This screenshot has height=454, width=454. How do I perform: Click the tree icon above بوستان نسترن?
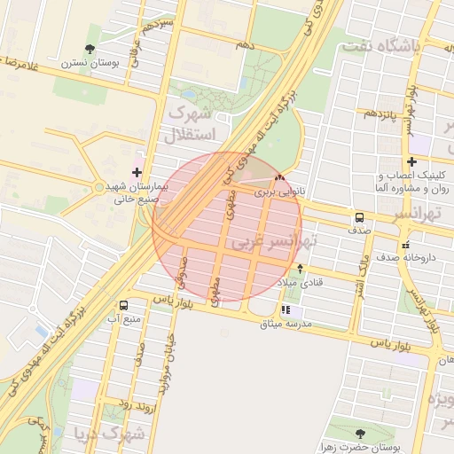click(x=90, y=49)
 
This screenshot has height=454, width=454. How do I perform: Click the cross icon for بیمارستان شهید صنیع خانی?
click(x=136, y=172)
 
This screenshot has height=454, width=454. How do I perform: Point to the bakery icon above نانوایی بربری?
click(x=280, y=177)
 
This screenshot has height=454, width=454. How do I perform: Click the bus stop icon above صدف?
click(x=359, y=216)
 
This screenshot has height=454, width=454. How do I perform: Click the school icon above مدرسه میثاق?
click(x=286, y=310)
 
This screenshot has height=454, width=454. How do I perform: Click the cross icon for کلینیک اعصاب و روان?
click(x=411, y=161)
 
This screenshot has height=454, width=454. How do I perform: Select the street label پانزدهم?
click(x=382, y=113)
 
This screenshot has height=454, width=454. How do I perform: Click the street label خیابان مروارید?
click(x=166, y=351)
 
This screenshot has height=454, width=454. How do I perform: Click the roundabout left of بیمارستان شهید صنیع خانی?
click(x=98, y=187)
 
